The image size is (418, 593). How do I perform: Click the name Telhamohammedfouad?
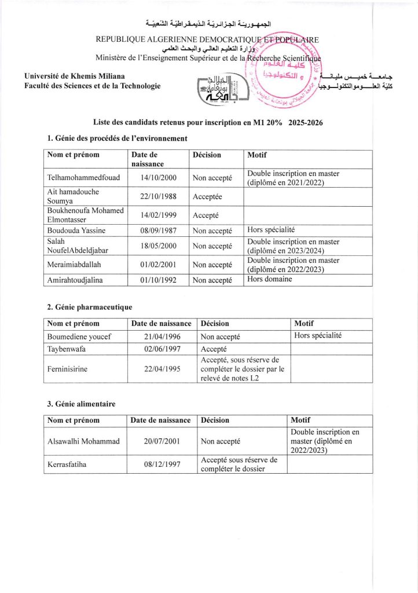(83, 178)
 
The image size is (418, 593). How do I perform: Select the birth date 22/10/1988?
(158, 197)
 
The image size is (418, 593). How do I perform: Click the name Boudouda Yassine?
(76, 230)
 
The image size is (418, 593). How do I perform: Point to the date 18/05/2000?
(158, 246)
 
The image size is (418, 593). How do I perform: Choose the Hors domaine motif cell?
(270, 279)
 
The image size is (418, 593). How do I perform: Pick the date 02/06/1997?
(163, 349)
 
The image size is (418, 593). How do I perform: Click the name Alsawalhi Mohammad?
(83, 441)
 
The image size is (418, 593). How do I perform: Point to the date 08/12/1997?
(162, 464)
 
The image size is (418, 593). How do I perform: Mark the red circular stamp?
(284, 75)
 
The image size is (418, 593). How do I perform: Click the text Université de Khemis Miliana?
(74, 76)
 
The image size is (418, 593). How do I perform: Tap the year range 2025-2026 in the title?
(304, 122)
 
